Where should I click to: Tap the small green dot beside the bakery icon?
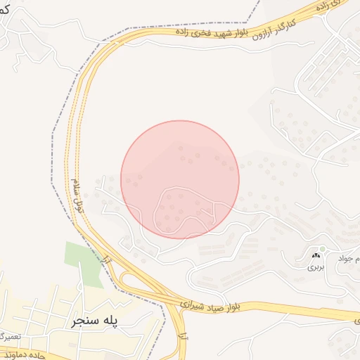323,248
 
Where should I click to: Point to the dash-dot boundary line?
56,141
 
